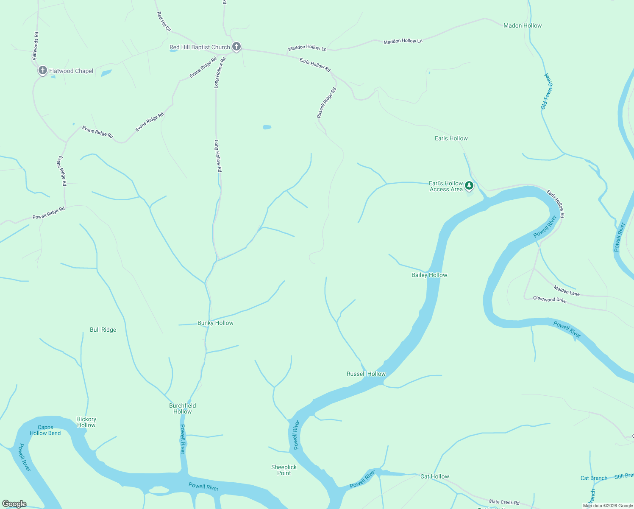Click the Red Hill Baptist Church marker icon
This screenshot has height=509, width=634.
pyautogui.click(x=236, y=47)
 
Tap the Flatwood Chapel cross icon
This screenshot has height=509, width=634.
pyautogui.click(x=42, y=70)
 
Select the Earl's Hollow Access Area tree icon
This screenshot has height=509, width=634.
pyautogui.click(x=469, y=185)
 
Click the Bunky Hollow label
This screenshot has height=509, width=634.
pyautogui.click(x=215, y=323)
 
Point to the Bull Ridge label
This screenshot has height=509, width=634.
pyautogui.click(x=103, y=330)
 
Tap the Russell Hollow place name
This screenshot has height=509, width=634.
pyautogui.click(x=366, y=374)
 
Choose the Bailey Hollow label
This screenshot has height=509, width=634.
pyautogui.click(x=429, y=275)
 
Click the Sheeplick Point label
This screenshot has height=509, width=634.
pyautogui.click(x=284, y=470)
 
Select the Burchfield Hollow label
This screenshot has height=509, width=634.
pyautogui.click(x=183, y=408)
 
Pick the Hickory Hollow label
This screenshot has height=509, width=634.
pyautogui.click(x=86, y=422)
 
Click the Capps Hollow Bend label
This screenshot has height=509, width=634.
pyautogui.click(x=45, y=430)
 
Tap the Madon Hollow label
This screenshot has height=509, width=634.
pyautogui.click(x=523, y=25)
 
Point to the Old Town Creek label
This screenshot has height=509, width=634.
pyautogui.click(x=547, y=91)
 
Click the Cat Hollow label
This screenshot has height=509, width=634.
pyautogui.click(x=435, y=476)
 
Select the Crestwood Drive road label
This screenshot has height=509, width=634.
pyautogui.click(x=550, y=299)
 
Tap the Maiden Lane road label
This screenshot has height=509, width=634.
pyautogui.click(x=567, y=291)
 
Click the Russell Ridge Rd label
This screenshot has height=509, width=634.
pyautogui.click(x=327, y=103)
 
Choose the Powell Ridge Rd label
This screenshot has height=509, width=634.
pyautogui.click(x=49, y=213)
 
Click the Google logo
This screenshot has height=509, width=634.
pyautogui.click(x=14, y=504)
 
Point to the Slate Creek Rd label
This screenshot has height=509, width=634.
pyautogui.click(x=504, y=502)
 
